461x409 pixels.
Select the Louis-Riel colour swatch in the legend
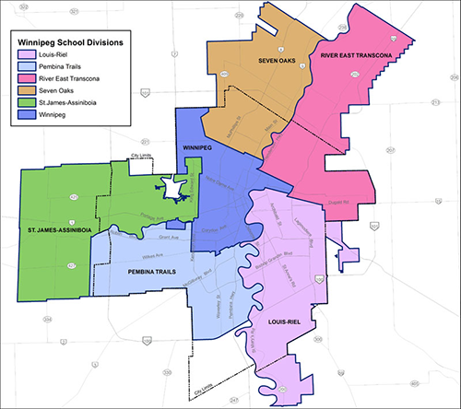pos(23,54)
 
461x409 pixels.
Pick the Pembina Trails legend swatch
pos(23,66)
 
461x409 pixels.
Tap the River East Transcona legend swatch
pos(23,78)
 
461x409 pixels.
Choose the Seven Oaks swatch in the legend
pos(23,90)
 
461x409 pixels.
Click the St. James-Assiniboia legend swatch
pos(23,102)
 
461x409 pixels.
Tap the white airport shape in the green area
pos(171,189)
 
